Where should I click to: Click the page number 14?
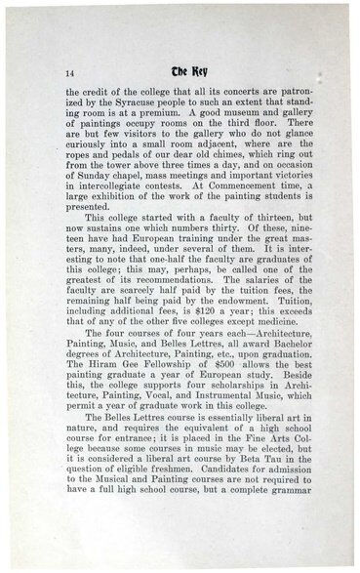pyautogui.click(x=70, y=74)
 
